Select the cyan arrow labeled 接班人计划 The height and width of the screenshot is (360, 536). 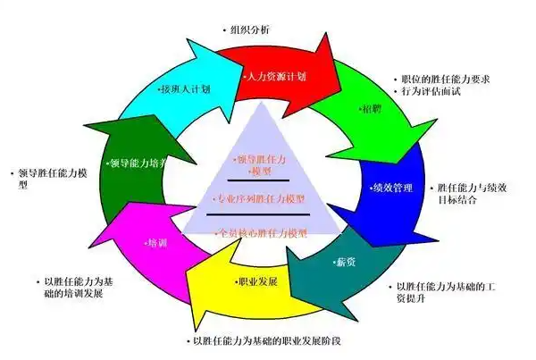[x=184, y=89]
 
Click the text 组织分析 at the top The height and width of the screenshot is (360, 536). [x=251, y=29]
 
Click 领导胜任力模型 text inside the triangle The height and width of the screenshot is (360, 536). [x=260, y=164]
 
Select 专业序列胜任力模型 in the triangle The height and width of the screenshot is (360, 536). [x=261, y=198]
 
